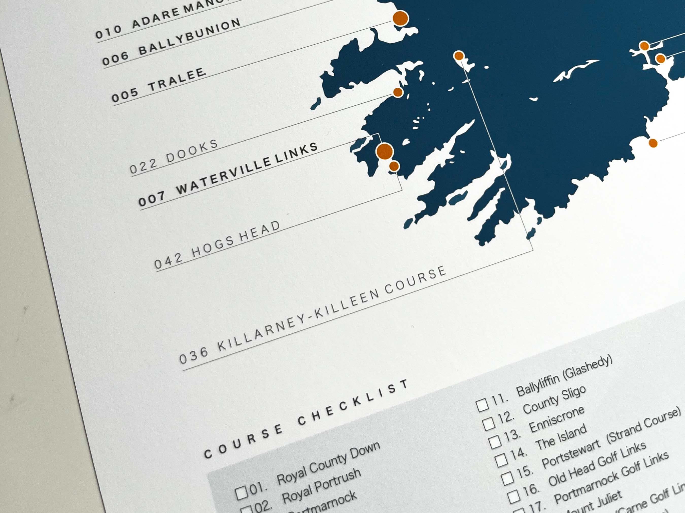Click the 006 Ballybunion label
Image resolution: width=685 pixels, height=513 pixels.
[171, 42]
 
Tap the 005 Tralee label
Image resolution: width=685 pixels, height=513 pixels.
[158, 85]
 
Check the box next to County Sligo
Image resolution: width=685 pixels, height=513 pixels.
[489, 424]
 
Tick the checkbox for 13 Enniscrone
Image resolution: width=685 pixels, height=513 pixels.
[495, 442]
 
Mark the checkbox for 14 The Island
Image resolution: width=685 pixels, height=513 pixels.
[501, 460]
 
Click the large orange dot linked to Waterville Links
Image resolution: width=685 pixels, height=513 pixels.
[385, 151]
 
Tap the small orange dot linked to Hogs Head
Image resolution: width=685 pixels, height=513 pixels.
[394, 166]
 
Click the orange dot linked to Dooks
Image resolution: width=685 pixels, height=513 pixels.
[398, 92]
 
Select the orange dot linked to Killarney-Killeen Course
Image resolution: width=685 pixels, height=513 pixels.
[459, 56]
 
